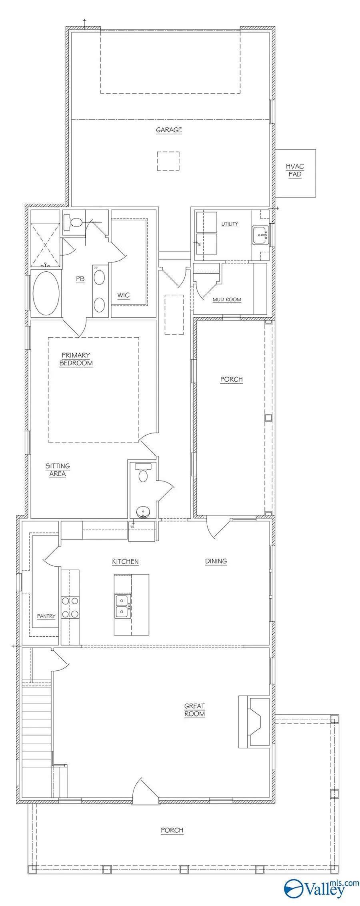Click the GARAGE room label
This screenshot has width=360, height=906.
[x=169, y=130]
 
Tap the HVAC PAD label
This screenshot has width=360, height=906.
[x=295, y=170]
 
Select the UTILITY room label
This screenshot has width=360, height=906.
[x=230, y=224]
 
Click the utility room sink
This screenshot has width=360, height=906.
[x=261, y=235]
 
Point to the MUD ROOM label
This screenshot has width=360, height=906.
[x=227, y=299]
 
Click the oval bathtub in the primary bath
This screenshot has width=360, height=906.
[x=46, y=293]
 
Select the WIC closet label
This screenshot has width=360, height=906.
[x=123, y=295]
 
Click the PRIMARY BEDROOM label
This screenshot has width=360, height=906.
[x=76, y=359]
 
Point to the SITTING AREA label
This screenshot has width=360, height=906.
[x=58, y=470]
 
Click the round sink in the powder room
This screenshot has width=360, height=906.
[x=143, y=511]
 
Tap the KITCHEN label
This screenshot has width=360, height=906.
[x=125, y=561]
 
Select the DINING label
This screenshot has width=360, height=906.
[x=216, y=561]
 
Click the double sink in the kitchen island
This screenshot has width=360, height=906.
[x=121, y=606]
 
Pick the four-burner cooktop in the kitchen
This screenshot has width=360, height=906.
[x=70, y=607]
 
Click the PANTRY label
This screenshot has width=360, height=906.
[x=46, y=616]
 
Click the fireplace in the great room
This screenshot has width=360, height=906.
[x=254, y=721]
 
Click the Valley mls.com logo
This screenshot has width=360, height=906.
[x=322, y=887]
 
